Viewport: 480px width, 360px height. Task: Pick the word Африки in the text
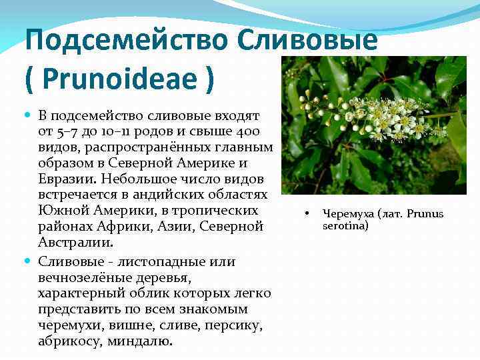click(120, 227)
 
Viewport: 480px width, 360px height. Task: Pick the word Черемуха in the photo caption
click(347, 214)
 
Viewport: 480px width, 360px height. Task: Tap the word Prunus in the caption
click(425, 214)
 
